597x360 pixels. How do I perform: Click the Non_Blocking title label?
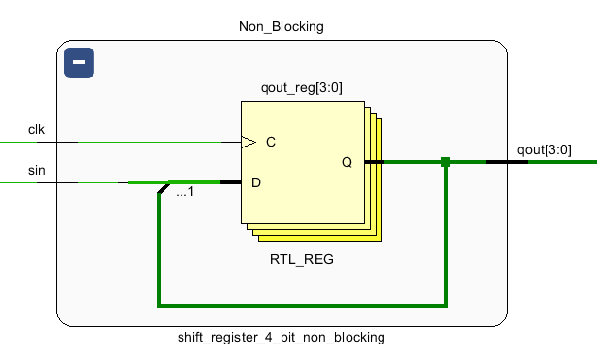coord(282,26)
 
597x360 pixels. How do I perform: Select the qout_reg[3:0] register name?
coord(302,88)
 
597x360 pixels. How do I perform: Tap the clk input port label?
coord(36,129)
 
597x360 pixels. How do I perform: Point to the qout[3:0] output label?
coord(544,149)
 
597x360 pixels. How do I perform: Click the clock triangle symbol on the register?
coord(249,142)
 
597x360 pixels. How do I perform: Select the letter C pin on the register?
coord(271,142)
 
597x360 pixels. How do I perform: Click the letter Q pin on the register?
coord(347,162)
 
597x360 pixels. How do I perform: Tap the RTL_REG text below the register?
coord(302,260)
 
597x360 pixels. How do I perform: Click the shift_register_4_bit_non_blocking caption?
coord(282,338)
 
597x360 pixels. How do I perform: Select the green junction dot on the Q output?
coord(446,162)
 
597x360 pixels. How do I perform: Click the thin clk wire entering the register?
coord(155,142)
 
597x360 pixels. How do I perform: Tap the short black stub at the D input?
coord(230,182)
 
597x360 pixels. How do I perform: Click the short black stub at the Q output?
coord(374,162)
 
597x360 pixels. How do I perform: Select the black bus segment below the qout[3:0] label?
coord(507,162)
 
